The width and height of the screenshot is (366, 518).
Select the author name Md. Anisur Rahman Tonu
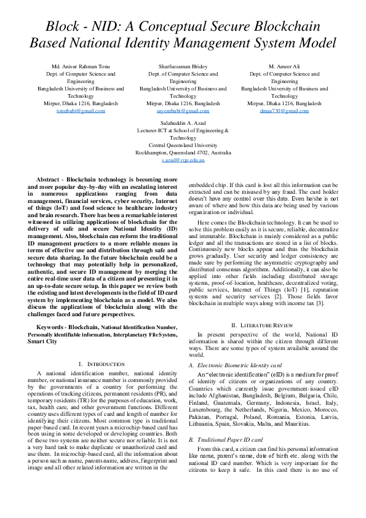click(x=81, y=66)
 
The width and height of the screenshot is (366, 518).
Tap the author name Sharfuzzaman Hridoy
click(x=183, y=66)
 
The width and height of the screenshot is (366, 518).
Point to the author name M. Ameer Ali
click(x=284, y=66)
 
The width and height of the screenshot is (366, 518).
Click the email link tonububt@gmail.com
click(x=81, y=111)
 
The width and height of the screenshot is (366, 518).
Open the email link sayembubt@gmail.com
click(x=183, y=111)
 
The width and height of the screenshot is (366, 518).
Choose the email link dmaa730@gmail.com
click(x=284, y=111)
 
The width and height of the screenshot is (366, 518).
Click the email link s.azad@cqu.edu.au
click(x=183, y=159)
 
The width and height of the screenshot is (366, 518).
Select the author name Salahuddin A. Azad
click(x=183, y=122)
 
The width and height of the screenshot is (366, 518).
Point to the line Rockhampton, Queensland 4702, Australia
click(x=183, y=152)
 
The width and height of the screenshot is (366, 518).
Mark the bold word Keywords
click(x=51, y=327)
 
